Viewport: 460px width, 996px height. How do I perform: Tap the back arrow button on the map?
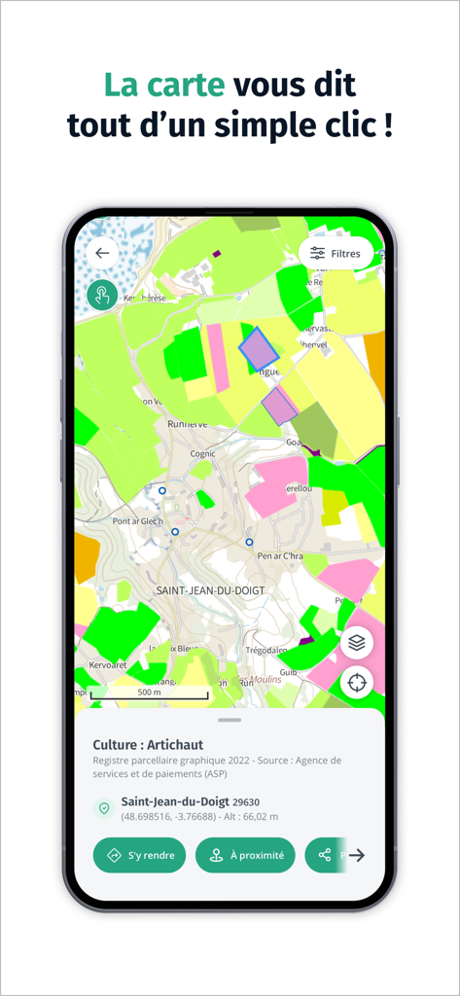click(102, 253)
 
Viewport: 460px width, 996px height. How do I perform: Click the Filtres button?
click(336, 253)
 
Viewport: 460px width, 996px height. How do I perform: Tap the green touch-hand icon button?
click(102, 295)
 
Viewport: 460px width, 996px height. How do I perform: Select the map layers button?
click(357, 642)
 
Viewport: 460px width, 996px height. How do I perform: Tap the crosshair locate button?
click(357, 682)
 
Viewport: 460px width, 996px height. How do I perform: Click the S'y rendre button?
click(139, 855)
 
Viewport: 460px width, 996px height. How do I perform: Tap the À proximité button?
click(245, 855)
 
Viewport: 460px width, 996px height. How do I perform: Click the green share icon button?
click(325, 855)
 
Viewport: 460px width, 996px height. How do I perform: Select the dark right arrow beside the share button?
click(357, 855)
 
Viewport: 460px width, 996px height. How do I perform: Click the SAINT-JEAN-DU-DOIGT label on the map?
click(211, 590)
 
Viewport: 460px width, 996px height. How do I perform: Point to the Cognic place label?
click(203, 453)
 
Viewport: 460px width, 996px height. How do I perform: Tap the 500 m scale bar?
click(149, 693)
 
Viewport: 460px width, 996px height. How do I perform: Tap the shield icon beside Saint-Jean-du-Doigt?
click(103, 808)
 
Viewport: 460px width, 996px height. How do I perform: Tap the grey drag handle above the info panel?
click(230, 720)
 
